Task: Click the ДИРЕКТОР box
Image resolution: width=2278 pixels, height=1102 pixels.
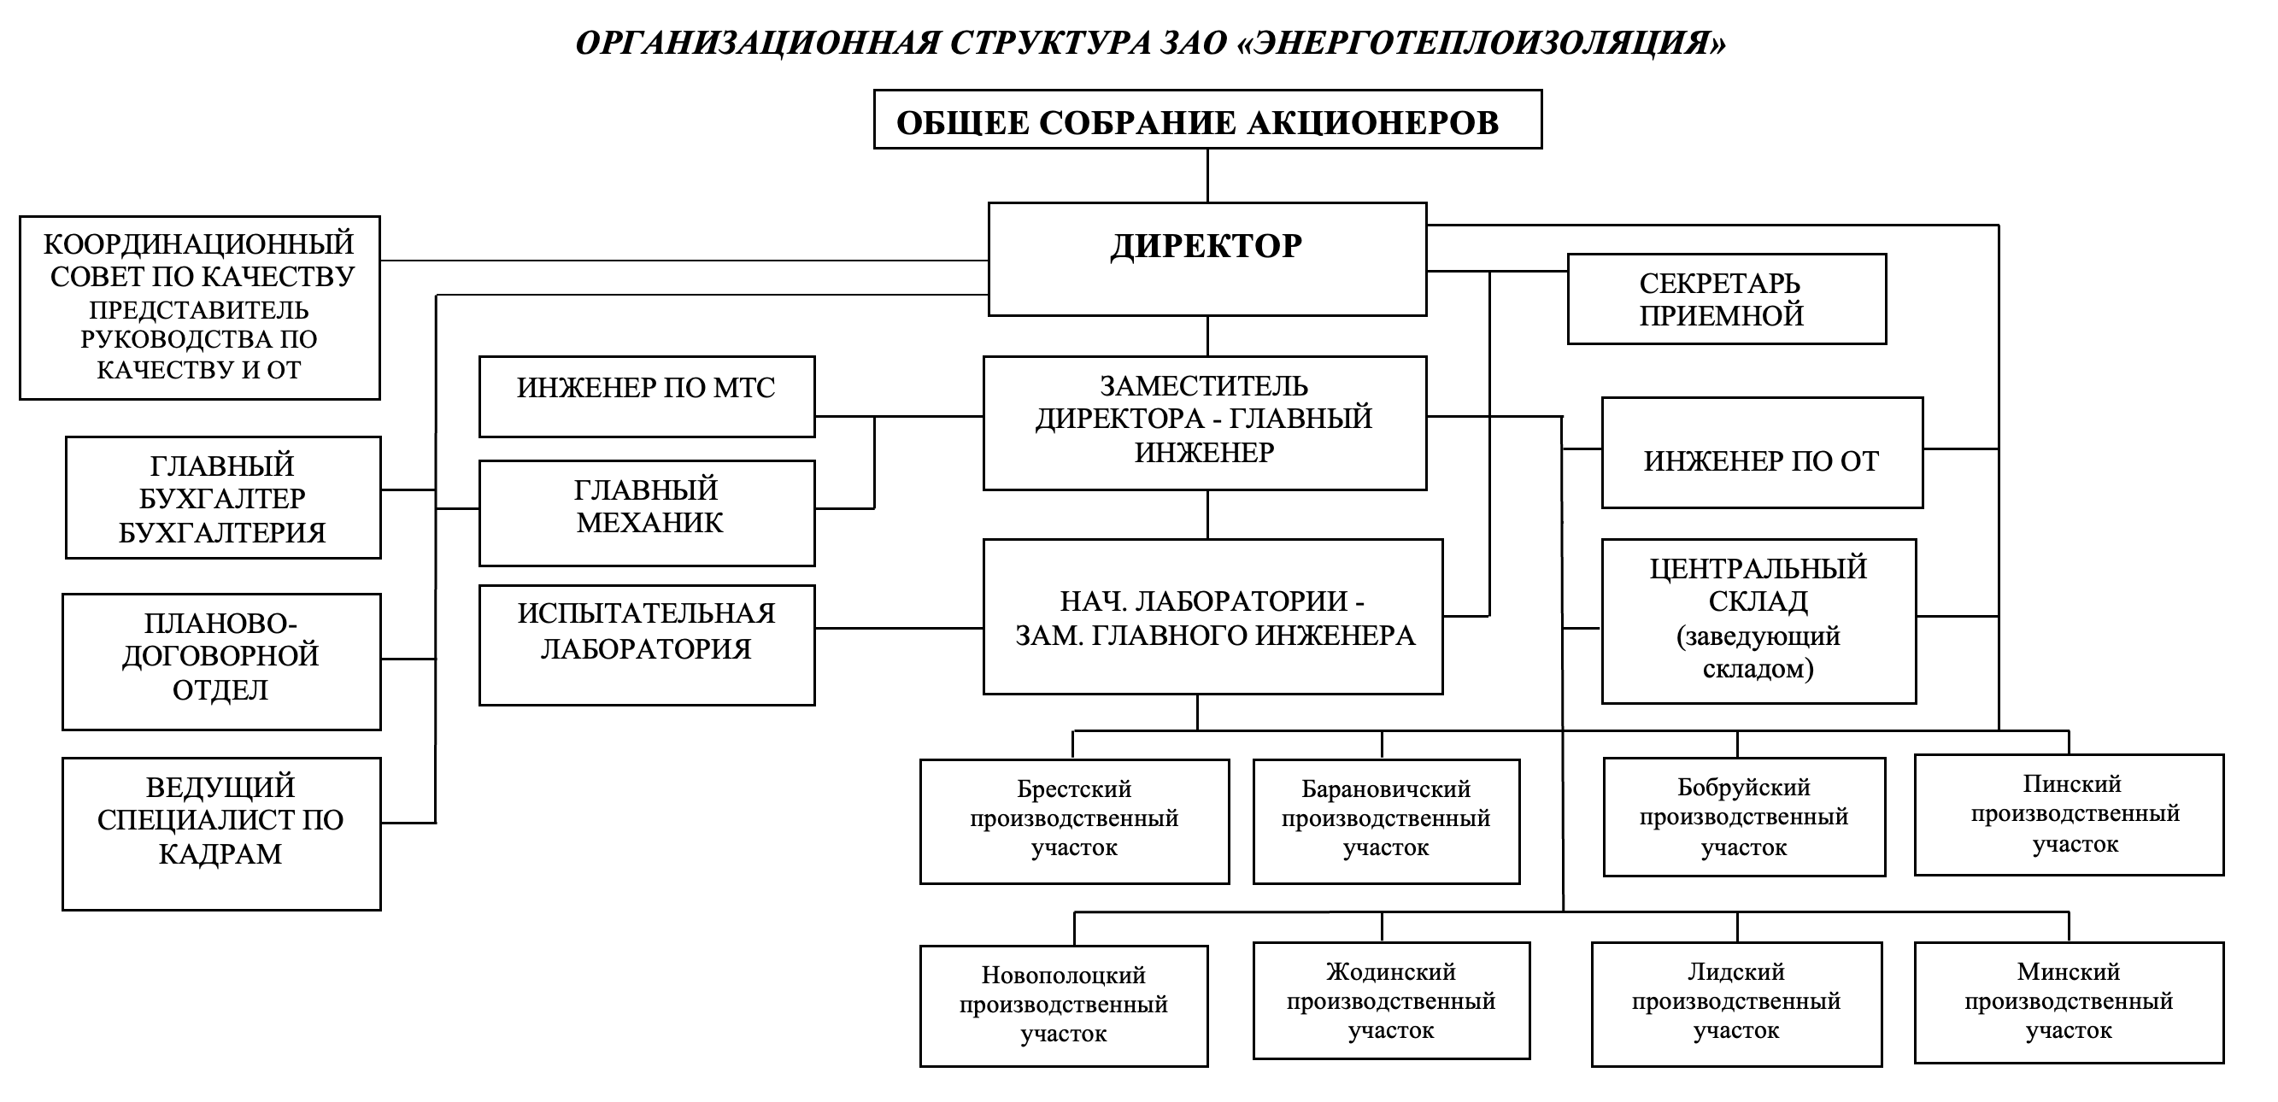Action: pos(1207,258)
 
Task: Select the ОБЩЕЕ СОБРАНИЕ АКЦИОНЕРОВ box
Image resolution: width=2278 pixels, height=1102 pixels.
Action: pos(1207,120)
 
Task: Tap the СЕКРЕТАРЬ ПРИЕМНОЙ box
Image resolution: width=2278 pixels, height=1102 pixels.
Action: pos(1726,299)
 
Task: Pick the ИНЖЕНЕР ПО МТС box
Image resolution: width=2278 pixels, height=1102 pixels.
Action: pos(647,396)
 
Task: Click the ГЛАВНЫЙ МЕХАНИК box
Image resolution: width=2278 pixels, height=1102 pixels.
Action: pos(647,512)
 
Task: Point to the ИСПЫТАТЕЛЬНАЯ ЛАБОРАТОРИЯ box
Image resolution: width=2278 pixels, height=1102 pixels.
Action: pos(647,645)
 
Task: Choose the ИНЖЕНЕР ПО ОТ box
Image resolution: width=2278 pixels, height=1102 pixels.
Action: pos(1762,453)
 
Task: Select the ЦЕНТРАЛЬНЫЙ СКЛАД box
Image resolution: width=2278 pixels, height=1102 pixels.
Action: pos(1758,621)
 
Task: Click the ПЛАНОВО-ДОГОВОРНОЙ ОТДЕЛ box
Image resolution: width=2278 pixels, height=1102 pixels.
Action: pos(221,661)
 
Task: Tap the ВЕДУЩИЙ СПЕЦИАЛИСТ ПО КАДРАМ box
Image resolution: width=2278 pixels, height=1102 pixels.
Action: pos(221,833)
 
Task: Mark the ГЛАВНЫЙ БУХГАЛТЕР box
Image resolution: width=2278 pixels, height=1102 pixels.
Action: pos(223,497)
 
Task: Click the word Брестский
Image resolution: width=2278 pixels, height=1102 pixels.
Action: pos(1073,788)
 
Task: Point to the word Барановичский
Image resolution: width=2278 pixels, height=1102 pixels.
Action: pos(1385,788)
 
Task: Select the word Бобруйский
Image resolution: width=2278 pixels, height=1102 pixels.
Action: pos(1743,787)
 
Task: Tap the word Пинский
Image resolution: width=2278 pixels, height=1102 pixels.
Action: pos(2071,783)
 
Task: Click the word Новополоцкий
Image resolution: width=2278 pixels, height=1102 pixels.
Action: pos(1063,976)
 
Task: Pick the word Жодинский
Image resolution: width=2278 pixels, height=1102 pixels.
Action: pos(1390,972)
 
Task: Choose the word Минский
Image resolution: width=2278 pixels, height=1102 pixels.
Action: pos(2068,972)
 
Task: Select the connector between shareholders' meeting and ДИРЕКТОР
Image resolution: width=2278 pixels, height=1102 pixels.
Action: pos(1207,176)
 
